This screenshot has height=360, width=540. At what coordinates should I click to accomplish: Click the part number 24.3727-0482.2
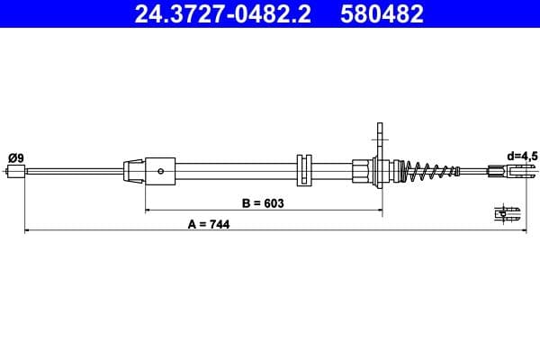(225, 14)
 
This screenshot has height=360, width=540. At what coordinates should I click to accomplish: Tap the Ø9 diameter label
(15, 157)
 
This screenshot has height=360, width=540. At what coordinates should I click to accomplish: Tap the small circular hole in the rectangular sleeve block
(160, 170)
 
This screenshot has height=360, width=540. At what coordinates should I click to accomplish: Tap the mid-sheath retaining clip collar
(302, 170)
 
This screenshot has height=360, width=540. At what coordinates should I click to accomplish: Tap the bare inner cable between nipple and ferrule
(72, 170)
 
